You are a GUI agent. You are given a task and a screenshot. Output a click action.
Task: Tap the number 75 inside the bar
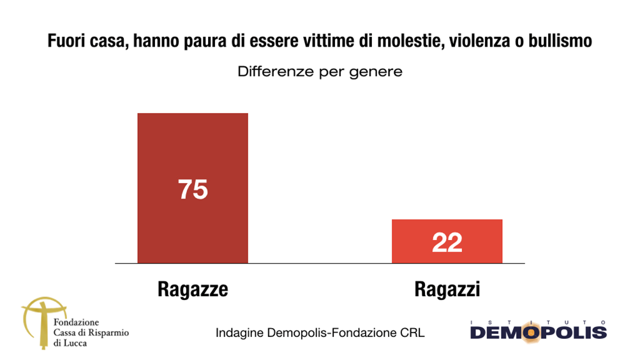[193, 190]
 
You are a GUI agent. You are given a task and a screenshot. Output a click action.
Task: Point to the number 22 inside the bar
[447, 243]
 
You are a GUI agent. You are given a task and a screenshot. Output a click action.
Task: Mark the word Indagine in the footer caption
[236, 333]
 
